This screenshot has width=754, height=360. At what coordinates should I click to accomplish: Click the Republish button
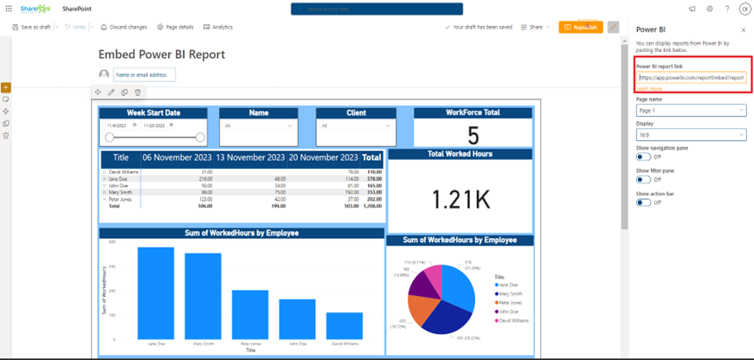(x=580, y=27)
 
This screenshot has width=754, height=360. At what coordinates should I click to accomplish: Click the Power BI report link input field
(x=690, y=78)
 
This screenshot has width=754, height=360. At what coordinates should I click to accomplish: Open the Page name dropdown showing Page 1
(x=690, y=110)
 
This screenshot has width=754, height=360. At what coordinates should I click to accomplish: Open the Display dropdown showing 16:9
(x=690, y=134)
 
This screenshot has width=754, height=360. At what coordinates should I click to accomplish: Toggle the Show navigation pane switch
(x=644, y=157)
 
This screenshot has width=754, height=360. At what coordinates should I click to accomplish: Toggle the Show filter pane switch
(x=644, y=179)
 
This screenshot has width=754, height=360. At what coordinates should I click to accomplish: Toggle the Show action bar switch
(x=644, y=202)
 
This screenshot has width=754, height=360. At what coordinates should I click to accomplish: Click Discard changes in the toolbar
(x=124, y=27)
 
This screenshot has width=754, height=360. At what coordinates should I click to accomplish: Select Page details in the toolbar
(x=175, y=27)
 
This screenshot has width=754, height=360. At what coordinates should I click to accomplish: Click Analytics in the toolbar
(x=218, y=27)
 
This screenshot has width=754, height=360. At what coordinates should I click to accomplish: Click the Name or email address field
(x=144, y=74)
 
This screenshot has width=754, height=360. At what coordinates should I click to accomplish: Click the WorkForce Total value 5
(x=473, y=135)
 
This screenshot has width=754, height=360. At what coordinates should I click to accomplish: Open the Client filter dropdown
(x=354, y=125)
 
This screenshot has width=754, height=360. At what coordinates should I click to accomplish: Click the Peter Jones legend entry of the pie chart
(x=509, y=302)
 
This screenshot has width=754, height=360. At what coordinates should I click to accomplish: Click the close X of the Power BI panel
(x=741, y=29)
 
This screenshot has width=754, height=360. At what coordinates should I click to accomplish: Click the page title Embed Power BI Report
(x=162, y=55)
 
